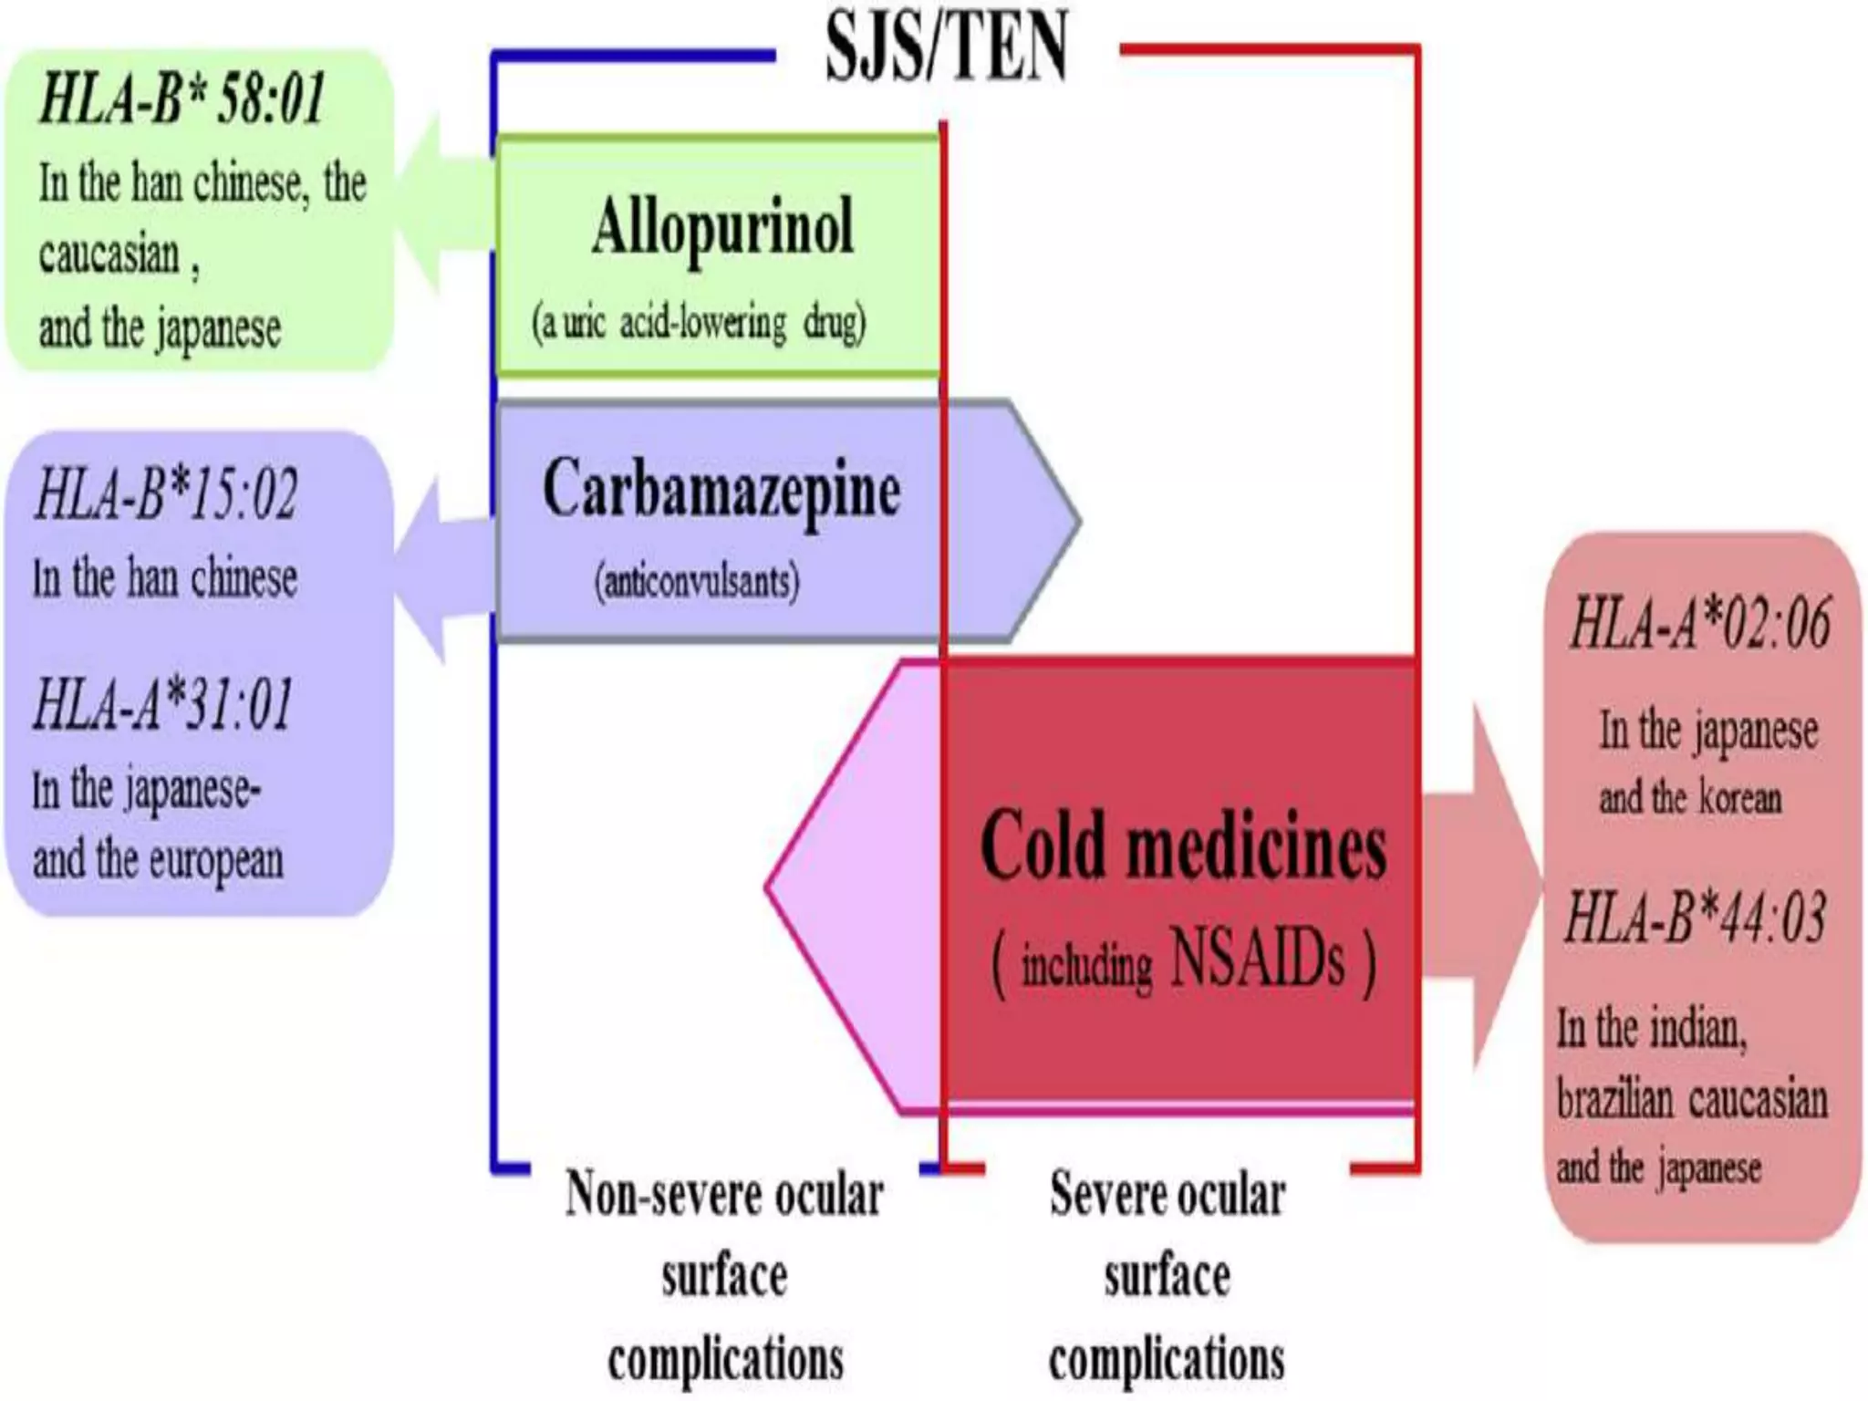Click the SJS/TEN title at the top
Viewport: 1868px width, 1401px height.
[x=946, y=47]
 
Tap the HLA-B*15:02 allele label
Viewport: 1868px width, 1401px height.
[x=166, y=495]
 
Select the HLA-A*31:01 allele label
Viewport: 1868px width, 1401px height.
[x=164, y=705]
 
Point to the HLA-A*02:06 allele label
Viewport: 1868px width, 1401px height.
[x=1699, y=624]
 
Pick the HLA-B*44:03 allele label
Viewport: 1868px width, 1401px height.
[x=1695, y=917]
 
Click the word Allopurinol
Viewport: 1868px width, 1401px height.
[x=722, y=226]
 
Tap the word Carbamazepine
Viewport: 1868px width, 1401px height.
[x=721, y=491]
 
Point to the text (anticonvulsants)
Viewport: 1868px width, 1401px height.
[x=697, y=581]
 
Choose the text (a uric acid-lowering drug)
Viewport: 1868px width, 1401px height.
[x=699, y=324]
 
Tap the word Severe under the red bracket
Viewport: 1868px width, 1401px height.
[x=1105, y=1194]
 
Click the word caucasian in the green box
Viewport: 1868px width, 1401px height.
[x=109, y=254]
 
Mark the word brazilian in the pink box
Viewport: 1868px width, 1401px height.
[x=1615, y=1099]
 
